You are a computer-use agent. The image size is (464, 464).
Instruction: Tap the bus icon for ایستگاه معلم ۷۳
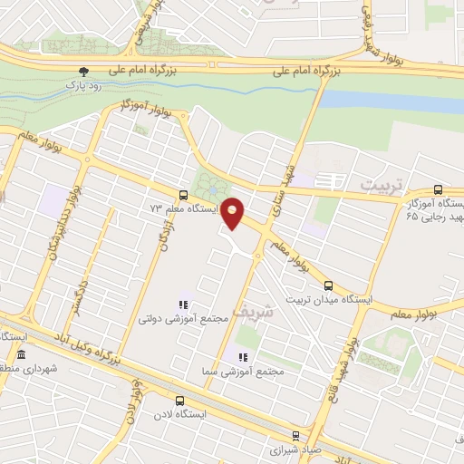pos(184,195)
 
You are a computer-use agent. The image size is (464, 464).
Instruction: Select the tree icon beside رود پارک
pos(84,71)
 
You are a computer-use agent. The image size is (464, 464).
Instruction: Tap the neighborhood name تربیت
pos(379,184)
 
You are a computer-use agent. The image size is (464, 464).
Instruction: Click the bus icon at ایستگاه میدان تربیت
pos(328,284)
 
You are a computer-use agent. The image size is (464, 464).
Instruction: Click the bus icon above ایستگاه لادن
pos(178,400)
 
